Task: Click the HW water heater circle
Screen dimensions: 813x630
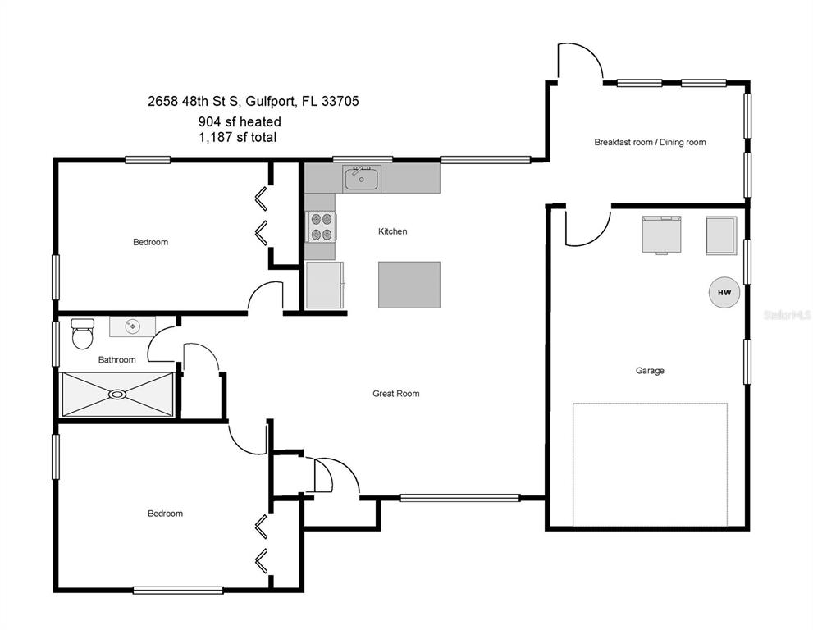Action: point(724,293)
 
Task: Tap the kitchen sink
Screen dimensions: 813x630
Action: point(362,178)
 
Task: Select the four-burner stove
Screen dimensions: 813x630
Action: point(321,226)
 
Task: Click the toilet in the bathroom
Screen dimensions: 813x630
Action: point(82,334)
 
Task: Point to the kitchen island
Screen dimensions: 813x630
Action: point(409,285)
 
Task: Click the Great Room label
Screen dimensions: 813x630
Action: point(396,394)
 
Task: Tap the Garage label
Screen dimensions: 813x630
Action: point(650,371)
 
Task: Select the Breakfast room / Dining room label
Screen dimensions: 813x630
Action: point(650,142)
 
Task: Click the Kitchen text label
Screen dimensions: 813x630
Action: point(392,231)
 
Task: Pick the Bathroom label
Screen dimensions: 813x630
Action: point(117,360)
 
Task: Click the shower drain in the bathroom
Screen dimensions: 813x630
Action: point(117,395)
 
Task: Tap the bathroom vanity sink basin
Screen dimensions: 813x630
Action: point(132,326)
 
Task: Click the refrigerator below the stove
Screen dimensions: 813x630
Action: point(325,285)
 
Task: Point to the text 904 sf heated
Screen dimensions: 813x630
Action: point(240,122)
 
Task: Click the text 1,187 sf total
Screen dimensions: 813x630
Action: point(237,138)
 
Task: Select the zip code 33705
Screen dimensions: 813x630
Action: point(340,101)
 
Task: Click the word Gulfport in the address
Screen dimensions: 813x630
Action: point(268,102)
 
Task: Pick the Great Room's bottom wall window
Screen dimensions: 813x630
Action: point(459,498)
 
